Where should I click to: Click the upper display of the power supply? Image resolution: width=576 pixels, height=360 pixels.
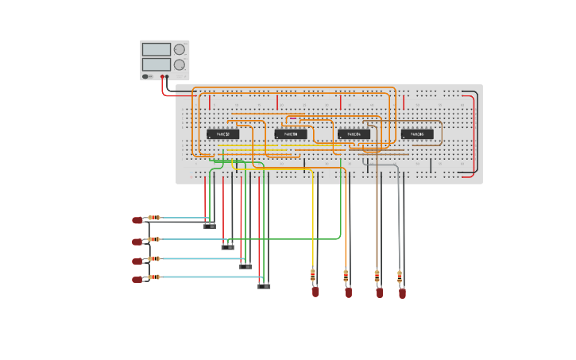[x=157, y=49]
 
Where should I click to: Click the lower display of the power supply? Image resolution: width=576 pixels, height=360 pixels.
[x=157, y=64]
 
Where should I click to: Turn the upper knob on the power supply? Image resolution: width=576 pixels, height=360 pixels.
[x=180, y=49]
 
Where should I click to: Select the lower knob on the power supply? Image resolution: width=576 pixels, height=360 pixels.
[x=180, y=64]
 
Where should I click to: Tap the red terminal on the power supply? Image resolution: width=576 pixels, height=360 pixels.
[x=162, y=77]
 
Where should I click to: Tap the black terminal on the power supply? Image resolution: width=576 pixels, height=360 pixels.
[x=168, y=77]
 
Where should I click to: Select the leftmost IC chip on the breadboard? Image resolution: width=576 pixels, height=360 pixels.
[x=222, y=134]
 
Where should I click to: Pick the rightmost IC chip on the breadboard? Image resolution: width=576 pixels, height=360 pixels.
[x=417, y=134]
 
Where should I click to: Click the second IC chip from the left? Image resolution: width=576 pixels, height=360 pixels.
[x=291, y=134]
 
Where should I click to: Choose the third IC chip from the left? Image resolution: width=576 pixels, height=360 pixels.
[x=354, y=134]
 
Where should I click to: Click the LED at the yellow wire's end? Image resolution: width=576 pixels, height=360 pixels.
[x=315, y=292]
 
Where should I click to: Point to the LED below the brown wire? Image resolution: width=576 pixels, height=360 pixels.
[x=380, y=292]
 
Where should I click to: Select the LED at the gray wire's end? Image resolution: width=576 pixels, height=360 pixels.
[x=402, y=292]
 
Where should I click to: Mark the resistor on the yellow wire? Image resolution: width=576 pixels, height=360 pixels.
[x=313, y=275]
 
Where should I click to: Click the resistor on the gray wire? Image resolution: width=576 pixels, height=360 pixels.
[x=400, y=277]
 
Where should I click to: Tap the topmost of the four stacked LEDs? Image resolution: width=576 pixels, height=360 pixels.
[x=137, y=220]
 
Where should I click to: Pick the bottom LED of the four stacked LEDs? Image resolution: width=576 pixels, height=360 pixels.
[x=137, y=279]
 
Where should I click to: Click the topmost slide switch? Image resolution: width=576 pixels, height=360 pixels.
[x=210, y=226]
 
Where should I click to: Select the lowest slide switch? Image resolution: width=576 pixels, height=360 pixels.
[x=264, y=286]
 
